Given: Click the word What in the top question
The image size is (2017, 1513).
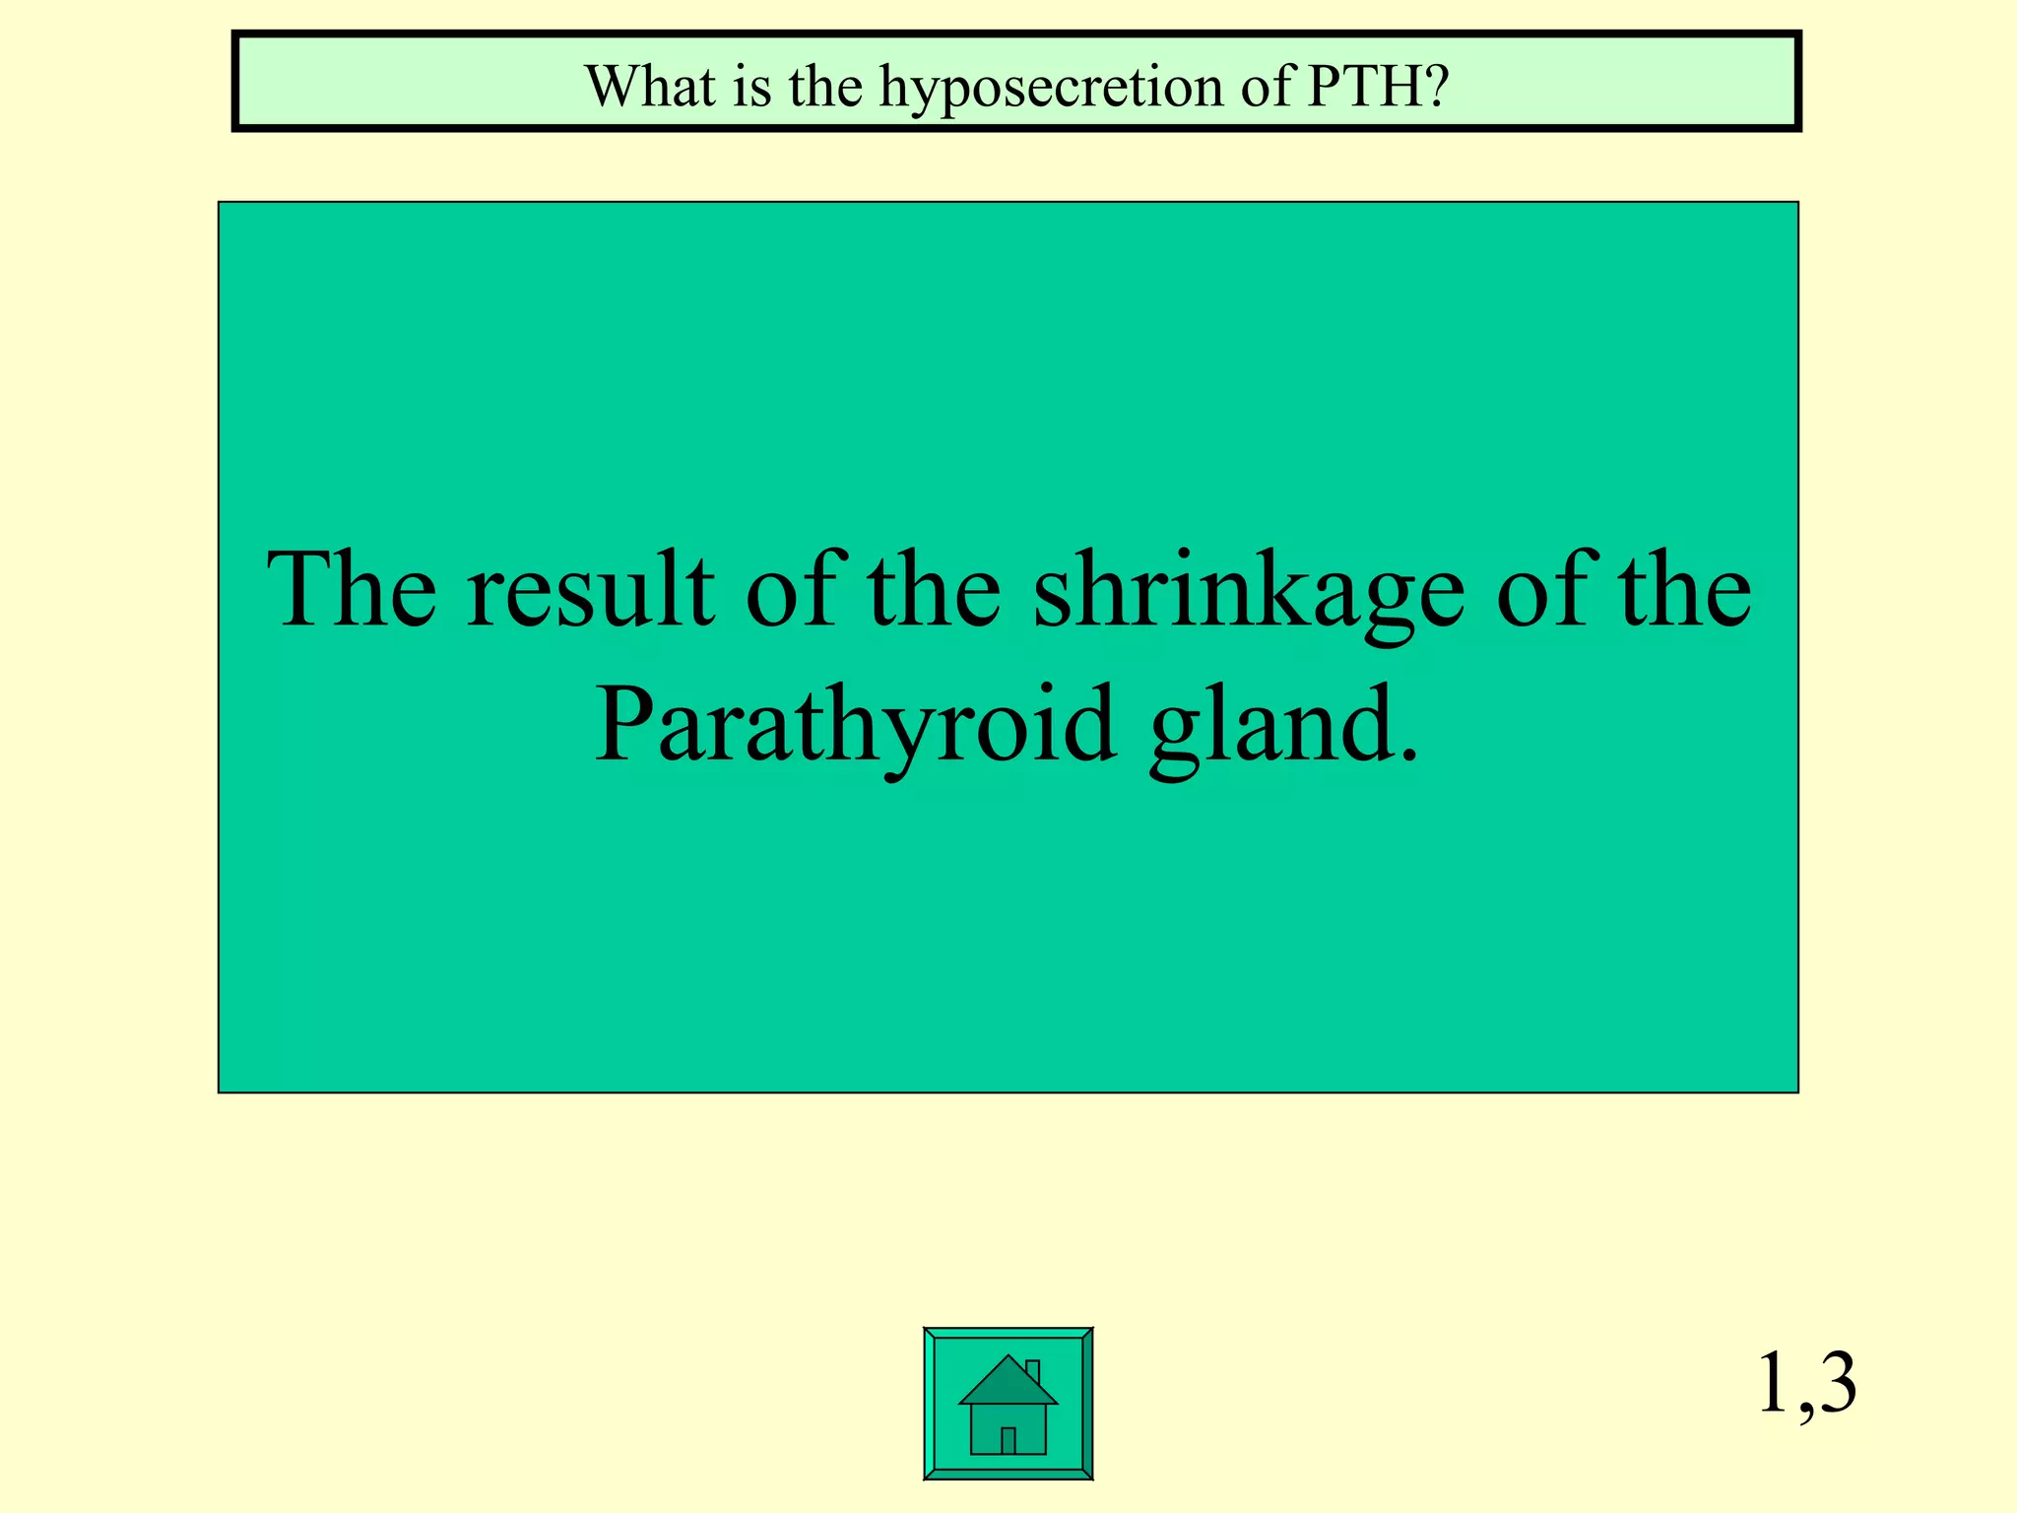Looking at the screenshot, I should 650,86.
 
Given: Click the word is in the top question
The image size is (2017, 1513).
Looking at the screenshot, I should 751,86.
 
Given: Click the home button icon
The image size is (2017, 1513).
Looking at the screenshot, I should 1008,1403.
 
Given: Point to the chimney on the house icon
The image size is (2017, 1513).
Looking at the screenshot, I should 1032,1372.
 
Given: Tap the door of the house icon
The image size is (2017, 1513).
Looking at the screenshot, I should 1008,1440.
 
